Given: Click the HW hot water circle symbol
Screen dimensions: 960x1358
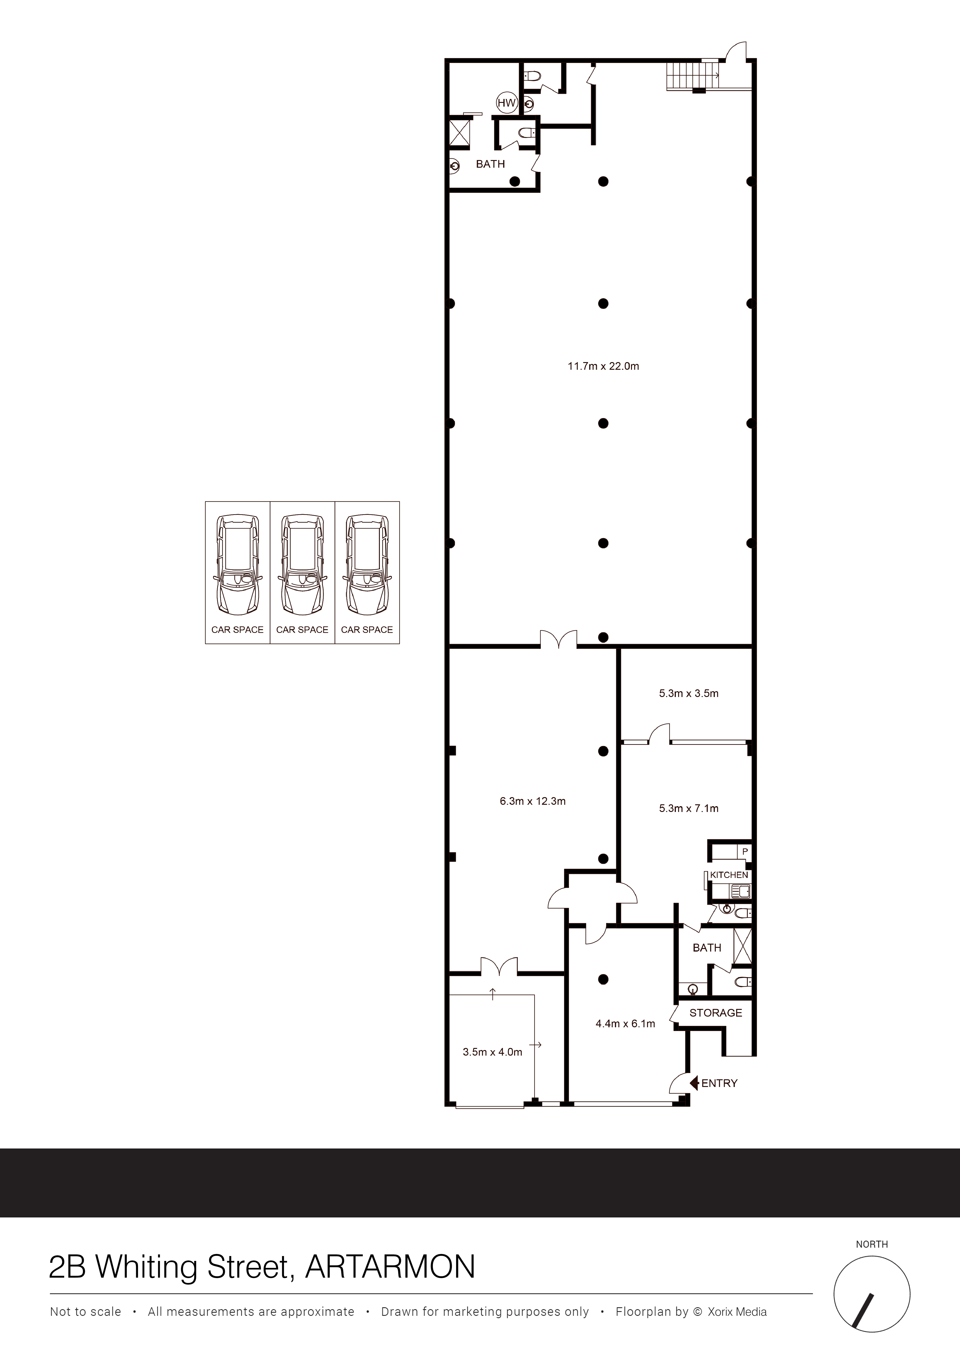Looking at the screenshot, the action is point(506,103).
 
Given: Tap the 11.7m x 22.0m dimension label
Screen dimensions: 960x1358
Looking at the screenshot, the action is point(603,366).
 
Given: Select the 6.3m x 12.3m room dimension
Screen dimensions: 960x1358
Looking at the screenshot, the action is point(532,802).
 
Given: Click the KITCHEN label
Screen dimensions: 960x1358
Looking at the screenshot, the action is point(729,875).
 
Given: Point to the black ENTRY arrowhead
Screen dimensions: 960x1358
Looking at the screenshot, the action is point(695,1083).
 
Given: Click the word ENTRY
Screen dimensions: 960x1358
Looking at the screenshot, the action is point(719,1083).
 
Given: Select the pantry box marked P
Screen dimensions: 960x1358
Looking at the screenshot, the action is point(745,852).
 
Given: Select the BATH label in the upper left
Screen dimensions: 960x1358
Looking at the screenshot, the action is point(490,164).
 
